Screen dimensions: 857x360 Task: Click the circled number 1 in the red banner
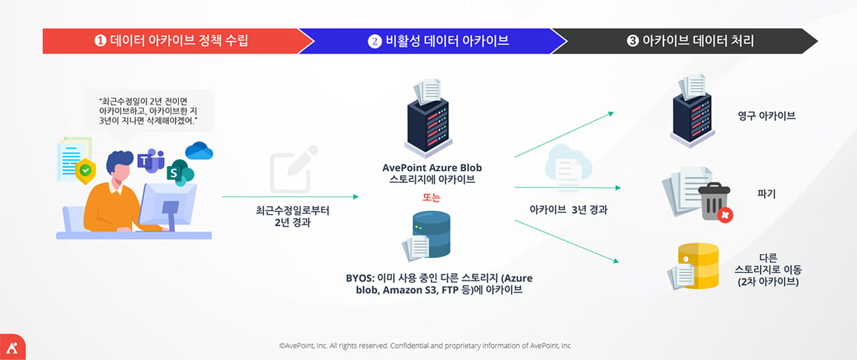100,41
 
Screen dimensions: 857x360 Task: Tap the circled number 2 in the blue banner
374,41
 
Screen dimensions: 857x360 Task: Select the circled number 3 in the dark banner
633,41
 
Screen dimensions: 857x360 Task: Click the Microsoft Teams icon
151,161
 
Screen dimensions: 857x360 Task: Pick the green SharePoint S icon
180,173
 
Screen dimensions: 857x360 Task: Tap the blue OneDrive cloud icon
199,151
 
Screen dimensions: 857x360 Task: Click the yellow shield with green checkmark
85,171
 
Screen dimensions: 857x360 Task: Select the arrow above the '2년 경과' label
291,197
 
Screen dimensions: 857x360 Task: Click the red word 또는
431,197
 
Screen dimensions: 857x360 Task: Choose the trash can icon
714,202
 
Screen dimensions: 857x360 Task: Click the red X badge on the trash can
724,215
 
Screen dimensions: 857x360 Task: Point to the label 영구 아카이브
767,116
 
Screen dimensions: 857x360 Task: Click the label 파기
767,194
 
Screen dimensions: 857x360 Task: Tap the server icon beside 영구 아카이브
692,111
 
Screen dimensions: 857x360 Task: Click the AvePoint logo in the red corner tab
12,348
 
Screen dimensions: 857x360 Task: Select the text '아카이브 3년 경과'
568,210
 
